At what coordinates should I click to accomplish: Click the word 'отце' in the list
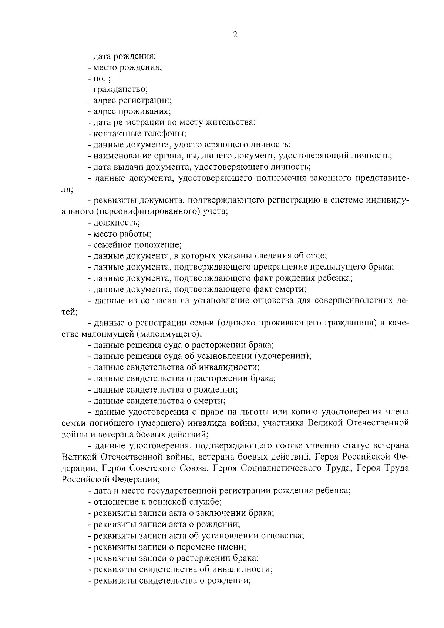click(x=316, y=256)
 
